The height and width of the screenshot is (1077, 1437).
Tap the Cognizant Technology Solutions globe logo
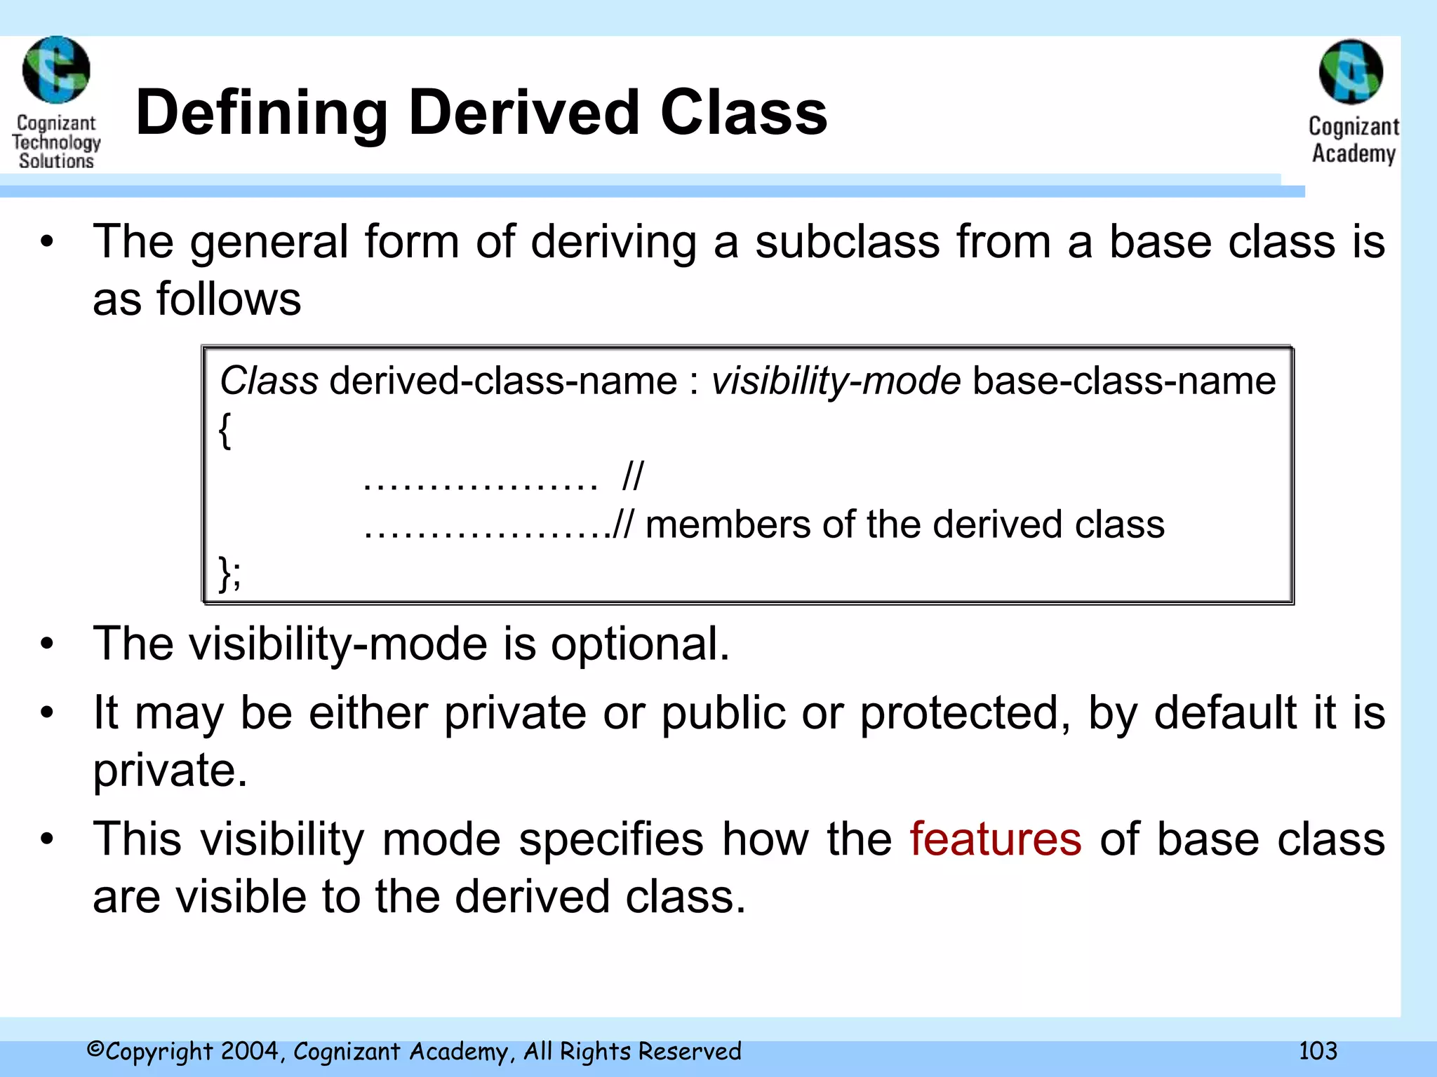(56, 70)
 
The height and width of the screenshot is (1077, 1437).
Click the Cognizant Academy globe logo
(1351, 72)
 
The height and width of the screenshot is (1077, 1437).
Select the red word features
(995, 839)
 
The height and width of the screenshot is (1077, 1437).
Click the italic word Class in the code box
(269, 381)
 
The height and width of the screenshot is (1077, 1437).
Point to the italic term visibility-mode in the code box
(836, 381)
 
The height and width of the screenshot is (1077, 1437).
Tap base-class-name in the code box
(1124, 381)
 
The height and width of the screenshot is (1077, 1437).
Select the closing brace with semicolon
(229, 574)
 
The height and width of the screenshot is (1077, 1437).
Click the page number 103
(1317, 1050)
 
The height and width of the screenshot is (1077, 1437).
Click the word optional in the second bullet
(639, 644)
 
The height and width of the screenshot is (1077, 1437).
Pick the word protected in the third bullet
(965, 713)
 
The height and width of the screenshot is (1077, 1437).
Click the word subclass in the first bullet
(847, 242)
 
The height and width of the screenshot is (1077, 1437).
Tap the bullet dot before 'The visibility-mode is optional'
(46, 644)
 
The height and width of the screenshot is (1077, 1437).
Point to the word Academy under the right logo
(1354, 153)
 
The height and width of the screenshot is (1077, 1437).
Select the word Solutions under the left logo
(56, 161)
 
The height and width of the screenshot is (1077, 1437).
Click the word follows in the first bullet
(228, 299)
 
